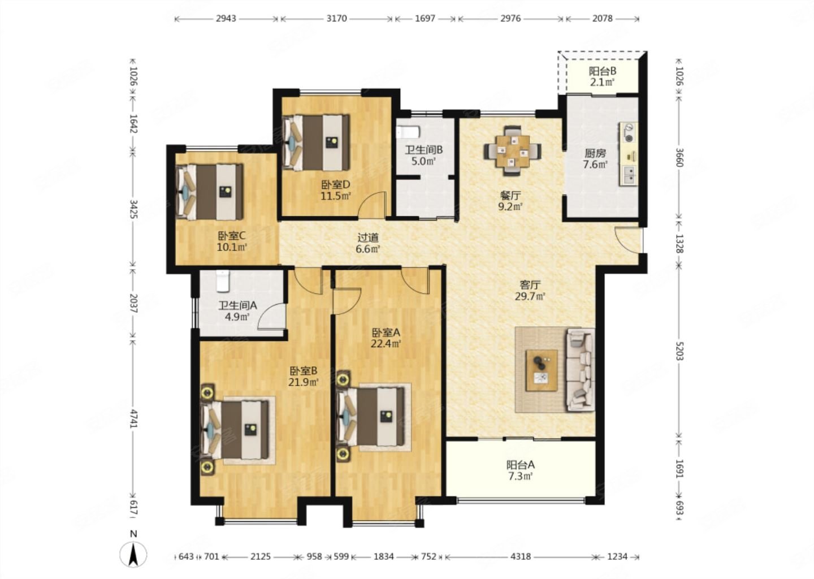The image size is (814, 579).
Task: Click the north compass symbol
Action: click(x=133, y=554)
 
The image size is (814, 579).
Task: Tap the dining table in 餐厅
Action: click(x=512, y=151)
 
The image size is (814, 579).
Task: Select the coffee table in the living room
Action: click(x=542, y=370)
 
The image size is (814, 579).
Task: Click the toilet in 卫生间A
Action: click(x=222, y=281)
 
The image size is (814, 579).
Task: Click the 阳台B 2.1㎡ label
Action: click(x=602, y=76)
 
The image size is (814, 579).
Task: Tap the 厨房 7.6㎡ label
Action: click(x=595, y=159)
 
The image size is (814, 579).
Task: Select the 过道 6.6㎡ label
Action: click(x=368, y=243)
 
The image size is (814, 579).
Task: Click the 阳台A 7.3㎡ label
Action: click(x=521, y=470)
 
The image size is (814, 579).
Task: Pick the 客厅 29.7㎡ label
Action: click(x=530, y=291)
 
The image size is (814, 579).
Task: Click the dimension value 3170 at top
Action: click(x=336, y=18)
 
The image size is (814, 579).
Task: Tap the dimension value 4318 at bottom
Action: click(x=521, y=556)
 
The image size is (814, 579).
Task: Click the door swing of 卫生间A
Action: click(x=272, y=316)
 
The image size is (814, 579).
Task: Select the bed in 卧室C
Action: click(x=209, y=192)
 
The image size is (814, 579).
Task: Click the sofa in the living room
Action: click(x=580, y=370)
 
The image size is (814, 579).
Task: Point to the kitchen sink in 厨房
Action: click(x=630, y=175)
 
